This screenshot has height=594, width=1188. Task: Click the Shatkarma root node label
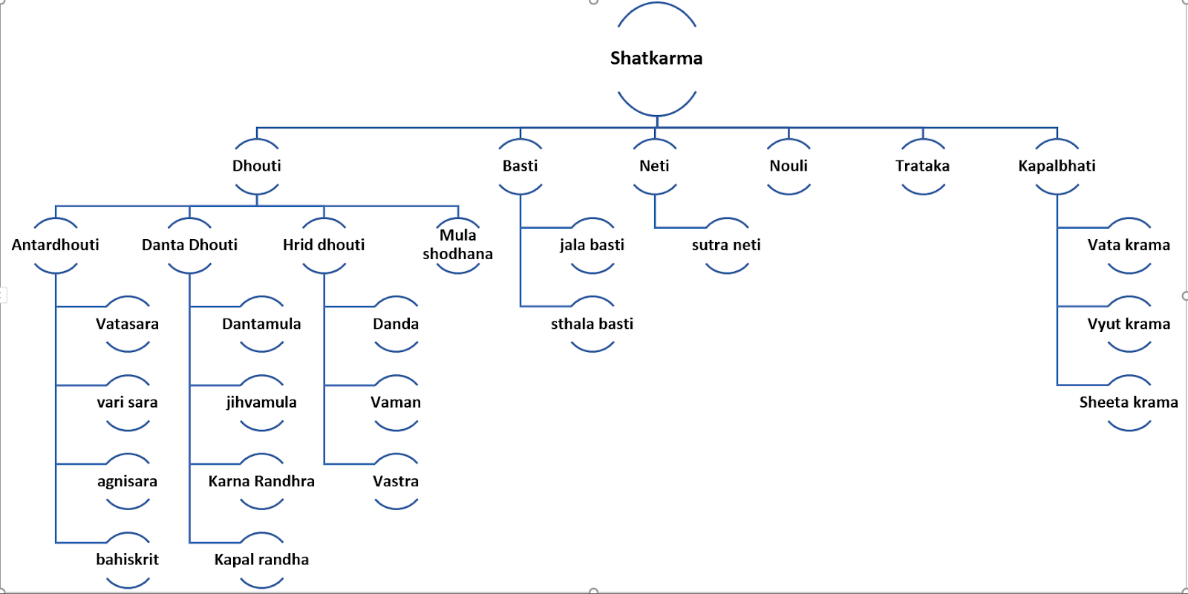click(x=656, y=58)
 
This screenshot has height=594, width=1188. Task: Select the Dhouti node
click(x=257, y=166)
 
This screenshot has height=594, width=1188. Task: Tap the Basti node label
click(x=520, y=166)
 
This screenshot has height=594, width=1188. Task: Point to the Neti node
click(x=654, y=166)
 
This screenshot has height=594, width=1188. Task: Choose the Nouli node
click(x=789, y=166)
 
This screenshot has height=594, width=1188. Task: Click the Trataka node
click(x=922, y=166)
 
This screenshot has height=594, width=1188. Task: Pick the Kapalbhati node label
click(x=1057, y=166)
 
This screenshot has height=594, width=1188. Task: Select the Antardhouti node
click(x=56, y=245)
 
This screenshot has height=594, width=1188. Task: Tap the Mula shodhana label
click(x=457, y=244)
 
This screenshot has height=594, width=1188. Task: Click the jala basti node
click(x=592, y=245)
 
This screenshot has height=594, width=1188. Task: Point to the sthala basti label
click(x=592, y=324)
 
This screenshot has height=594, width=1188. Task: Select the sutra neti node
click(x=726, y=245)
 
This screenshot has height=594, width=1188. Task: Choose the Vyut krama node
click(x=1129, y=324)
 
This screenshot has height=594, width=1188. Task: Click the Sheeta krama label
click(x=1129, y=402)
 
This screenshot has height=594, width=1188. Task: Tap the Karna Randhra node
click(x=261, y=481)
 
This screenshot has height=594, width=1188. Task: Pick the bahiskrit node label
click(x=127, y=560)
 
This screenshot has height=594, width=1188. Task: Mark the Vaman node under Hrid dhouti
click(x=396, y=402)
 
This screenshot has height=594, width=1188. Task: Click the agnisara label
click(x=127, y=481)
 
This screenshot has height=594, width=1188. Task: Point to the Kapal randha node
click(x=261, y=560)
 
